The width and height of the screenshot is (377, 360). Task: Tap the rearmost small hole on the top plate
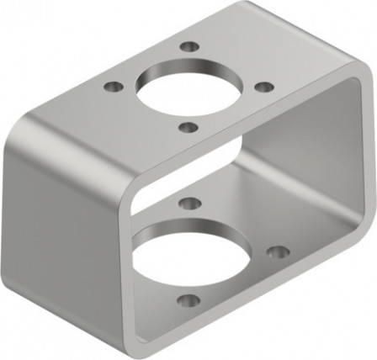[191, 46]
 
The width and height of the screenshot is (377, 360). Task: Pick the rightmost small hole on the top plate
[263, 87]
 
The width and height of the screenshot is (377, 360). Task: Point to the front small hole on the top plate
[189, 127]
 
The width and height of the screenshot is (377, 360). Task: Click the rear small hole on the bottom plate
[190, 203]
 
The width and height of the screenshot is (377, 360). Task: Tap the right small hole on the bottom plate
[278, 251]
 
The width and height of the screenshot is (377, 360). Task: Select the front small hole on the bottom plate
[190, 300]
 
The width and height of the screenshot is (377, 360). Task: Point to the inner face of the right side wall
[320, 168]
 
